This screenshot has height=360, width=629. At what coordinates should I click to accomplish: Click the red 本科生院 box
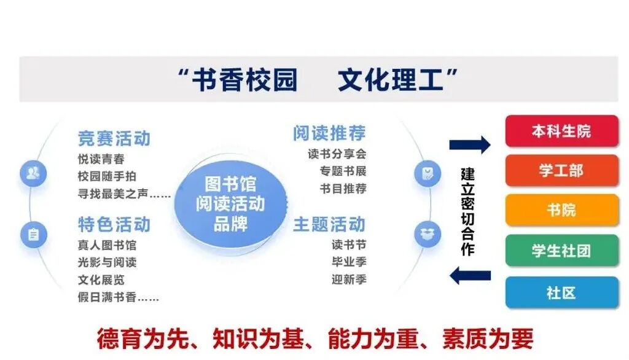(561, 131)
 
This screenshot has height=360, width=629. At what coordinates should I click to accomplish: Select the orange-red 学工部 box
(561, 170)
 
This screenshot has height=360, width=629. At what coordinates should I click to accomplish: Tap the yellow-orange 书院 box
(561, 210)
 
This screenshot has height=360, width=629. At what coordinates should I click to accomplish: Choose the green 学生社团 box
(561, 251)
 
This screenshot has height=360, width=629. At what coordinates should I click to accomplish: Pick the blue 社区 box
(561, 292)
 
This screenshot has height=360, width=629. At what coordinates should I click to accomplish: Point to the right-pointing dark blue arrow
(470, 145)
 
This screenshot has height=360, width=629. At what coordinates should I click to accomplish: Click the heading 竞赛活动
(114, 138)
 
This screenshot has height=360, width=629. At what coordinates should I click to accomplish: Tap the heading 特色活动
(114, 224)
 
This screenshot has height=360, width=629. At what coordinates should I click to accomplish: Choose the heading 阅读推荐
(329, 133)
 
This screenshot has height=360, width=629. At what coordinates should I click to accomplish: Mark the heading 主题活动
(329, 224)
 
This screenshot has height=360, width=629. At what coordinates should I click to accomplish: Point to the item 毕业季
(349, 262)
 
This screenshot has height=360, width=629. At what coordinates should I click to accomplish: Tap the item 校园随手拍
(107, 176)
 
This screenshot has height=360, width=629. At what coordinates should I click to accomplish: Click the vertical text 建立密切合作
(468, 211)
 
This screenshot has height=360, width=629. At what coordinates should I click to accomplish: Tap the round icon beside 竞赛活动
(33, 174)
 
